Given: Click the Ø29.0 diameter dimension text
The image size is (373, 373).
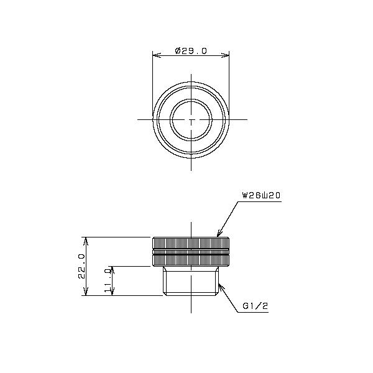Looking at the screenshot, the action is tap(191, 51).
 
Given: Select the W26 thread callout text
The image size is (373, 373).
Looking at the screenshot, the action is tap(261, 196).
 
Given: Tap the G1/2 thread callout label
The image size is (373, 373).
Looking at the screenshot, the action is tap(256, 306).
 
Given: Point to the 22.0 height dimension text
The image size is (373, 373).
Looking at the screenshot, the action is tap(81, 266).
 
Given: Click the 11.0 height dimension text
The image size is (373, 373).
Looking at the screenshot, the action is tap(108, 280).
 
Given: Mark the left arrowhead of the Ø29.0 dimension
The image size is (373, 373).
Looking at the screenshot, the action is tap(156, 55).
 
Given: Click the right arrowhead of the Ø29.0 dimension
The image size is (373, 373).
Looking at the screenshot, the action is tap(226, 55).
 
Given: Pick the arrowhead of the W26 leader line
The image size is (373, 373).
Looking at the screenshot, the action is tap(219, 234).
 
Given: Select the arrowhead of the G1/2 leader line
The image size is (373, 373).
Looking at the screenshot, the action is tap(221, 287).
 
